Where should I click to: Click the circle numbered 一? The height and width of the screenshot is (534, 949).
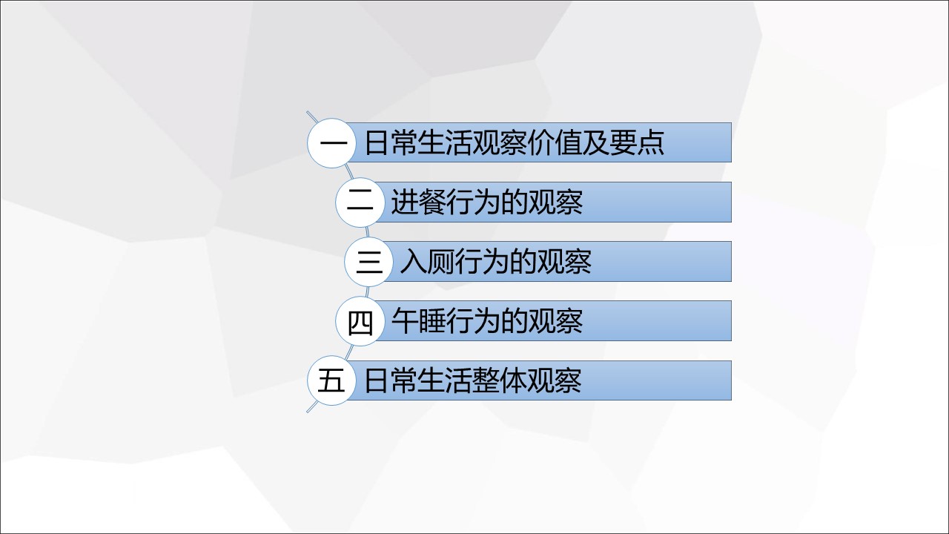pos(331,143)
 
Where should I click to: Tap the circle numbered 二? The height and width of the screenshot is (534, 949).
pos(360,202)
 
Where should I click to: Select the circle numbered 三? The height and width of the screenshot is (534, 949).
pos(369,262)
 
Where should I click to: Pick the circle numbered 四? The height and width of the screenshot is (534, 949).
pos(360,321)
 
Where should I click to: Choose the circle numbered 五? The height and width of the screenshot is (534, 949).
pos(331,380)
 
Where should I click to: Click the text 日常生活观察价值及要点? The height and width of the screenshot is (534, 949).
pos(515,143)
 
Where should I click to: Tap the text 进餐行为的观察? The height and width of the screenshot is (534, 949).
pos(486,202)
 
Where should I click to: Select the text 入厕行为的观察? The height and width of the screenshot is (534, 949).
pos(495,262)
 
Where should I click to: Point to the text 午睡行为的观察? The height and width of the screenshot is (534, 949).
pos(486,321)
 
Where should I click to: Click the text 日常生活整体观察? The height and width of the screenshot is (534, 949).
pos(472,380)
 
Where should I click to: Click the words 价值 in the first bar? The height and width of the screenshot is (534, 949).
pos(554,143)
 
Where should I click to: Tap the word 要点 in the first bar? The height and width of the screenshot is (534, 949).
pos(637,143)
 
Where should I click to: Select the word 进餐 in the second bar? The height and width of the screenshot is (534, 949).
pos(417,202)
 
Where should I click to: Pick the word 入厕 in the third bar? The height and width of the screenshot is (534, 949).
pos(426,262)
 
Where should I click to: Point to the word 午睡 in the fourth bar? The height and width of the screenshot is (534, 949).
pos(417,321)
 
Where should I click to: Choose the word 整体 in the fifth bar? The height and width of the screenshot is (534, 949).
pos(500,380)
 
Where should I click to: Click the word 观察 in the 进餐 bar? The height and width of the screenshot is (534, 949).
pos(555,202)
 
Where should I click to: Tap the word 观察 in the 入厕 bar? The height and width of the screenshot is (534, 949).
pos(564,262)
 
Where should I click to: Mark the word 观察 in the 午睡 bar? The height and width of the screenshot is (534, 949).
pos(555,321)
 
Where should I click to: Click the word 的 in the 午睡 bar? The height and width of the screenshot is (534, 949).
pos(514,321)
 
